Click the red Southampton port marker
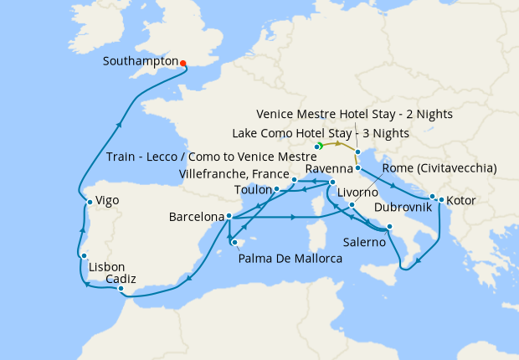[183, 62]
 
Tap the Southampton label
[141, 61]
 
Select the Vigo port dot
[89, 202]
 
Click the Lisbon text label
[107, 267]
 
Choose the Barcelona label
[197, 216]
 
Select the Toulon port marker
[276, 190]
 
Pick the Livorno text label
[358, 192]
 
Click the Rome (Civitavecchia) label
[439, 168]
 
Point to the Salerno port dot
[389, 227]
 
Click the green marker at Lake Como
[319, 147]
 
